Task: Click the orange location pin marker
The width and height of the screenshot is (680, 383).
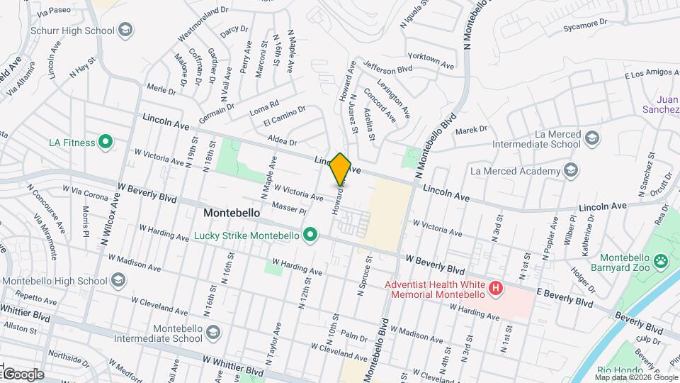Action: click(341, 169)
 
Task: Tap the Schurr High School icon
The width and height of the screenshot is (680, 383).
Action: click(125, 30)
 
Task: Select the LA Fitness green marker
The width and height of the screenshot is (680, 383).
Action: click(106, 143)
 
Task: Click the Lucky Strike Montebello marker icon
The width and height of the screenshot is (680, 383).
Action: click(310, 235)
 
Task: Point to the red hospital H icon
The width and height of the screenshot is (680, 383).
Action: click(496, 289)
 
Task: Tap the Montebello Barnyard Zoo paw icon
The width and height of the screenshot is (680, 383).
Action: click(661, 261)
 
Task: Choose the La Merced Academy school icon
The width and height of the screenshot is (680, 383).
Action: click(571, 170)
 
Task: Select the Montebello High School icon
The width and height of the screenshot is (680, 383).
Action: click(118, 280)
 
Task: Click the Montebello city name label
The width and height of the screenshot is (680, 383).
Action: click(232, 212)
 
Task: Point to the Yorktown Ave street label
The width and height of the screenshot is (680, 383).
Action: click(431, 62)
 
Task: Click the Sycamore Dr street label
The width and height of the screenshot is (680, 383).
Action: click(585, 26)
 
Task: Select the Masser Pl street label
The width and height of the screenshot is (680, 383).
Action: click(287, 208)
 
